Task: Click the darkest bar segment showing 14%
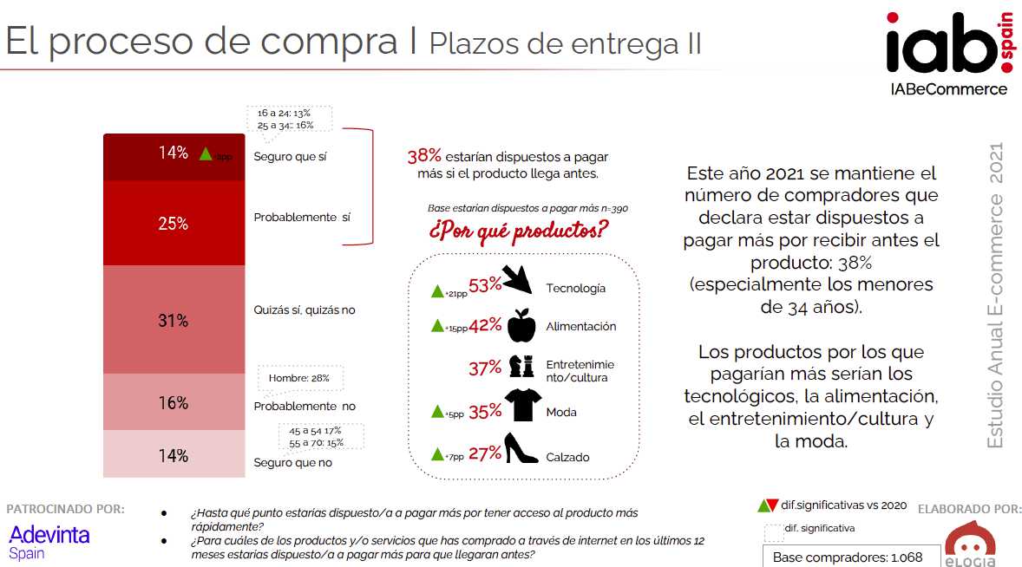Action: click(174, 156)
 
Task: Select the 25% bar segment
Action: click(174, 224)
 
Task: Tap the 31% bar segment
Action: click(174, 320)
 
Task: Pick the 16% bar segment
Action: click(174, 402)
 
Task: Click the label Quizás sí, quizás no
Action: click(305, 310)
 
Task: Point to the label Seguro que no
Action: click(293, 462)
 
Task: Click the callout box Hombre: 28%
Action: click(300, 379)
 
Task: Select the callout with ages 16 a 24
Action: click(284, 119)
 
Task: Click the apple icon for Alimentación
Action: click(521, 326)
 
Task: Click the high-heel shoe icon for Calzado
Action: click(522, 449)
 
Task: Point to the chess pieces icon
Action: click(521, 366)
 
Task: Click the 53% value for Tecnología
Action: click(485, 286)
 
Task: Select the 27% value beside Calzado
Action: click(485, 453)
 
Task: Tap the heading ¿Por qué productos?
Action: click(518, 232)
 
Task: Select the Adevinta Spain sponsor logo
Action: click(49, 541)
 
